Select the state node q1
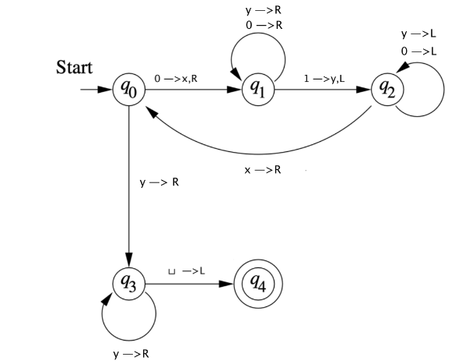pos(257,89)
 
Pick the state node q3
pos(128,284)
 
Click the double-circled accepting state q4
pos(257,284)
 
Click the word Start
pos(74,68)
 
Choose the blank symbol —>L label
pos(187,271)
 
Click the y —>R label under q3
pos(131,353)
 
